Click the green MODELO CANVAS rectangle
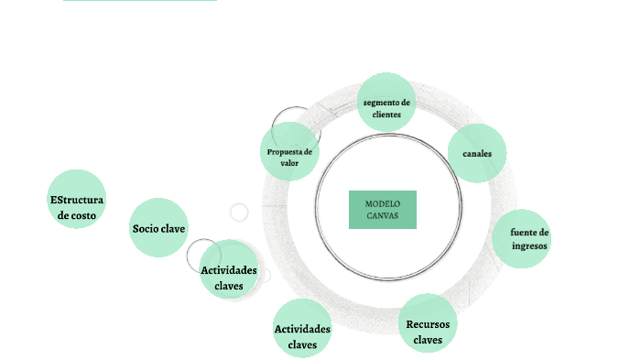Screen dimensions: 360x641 (382, 209)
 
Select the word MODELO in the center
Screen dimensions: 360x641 (383, 203)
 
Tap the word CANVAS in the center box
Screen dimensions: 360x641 (383, 216)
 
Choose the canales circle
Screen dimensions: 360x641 (477, 153)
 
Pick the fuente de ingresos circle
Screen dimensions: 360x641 (523, 239)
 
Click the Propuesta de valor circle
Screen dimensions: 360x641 (289, 157)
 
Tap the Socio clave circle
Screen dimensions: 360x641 (158, 228)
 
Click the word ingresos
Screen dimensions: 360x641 (530, 245)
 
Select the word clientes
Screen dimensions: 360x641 (386, 115)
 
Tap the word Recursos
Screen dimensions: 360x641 (428, 323)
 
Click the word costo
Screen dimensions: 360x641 (76, 215)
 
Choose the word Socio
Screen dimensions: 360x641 (147, 228)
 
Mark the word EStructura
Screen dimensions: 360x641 (76, 200)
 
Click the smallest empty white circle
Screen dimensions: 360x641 (239, 213)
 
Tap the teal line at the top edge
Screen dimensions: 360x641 (140, 1)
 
